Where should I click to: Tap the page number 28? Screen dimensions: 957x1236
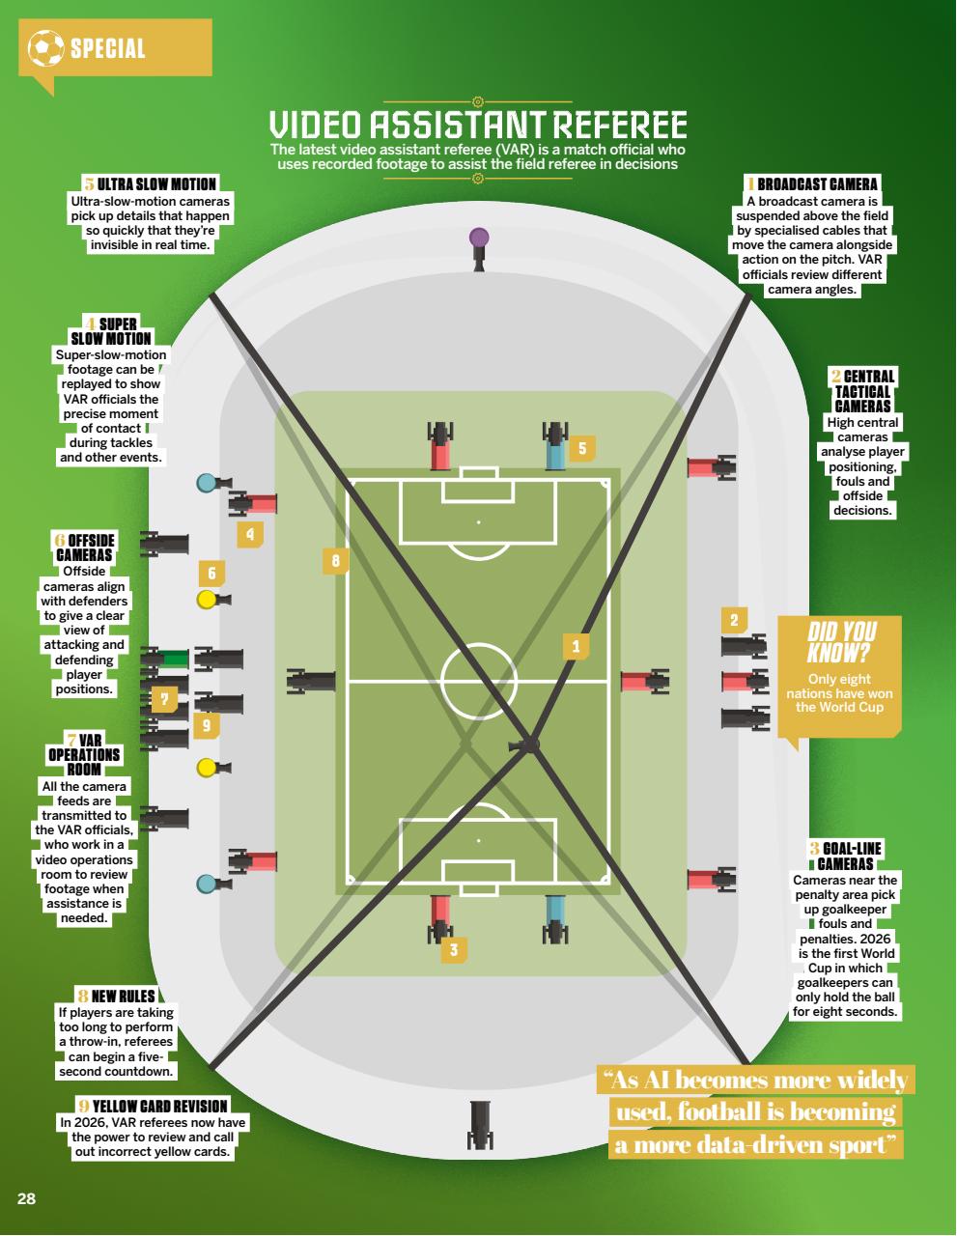(26, 1198)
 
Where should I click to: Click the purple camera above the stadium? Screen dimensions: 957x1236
(479, 249)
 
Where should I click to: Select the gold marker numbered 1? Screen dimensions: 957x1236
(576, 646)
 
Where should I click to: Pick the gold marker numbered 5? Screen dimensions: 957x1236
(582, 448)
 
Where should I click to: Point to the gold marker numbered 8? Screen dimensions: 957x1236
(335, 561)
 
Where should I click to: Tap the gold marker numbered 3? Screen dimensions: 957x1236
(454, 949)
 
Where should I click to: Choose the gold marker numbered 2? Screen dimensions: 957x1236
(734, 620)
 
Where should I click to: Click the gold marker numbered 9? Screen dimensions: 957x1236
(207, 724)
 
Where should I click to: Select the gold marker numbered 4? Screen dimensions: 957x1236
(250, 534)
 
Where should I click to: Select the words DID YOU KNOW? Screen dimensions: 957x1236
(840, 641)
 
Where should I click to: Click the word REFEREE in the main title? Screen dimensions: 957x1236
(620, 125)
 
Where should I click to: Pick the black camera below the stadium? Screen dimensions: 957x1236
(480, 1125)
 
